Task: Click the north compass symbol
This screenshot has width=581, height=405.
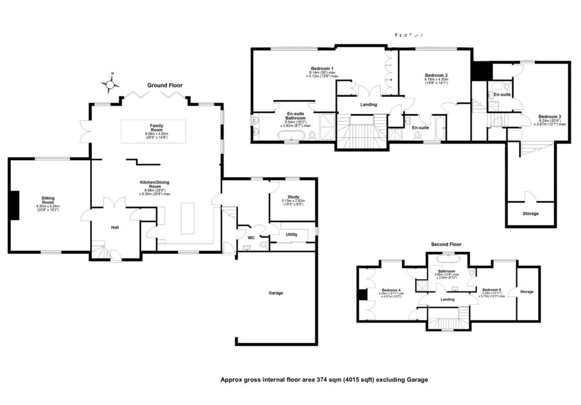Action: pos(110,85)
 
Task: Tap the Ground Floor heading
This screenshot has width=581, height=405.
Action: pos(165,85)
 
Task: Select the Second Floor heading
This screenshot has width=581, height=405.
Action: pos(446,244)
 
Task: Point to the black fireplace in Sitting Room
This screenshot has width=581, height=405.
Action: pos(16,204)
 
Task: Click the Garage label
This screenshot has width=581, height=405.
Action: pos(275,293)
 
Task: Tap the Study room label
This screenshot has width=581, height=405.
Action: pos(293,197)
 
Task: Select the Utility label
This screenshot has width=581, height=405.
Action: pos(292,234)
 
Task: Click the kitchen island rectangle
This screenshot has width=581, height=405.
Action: pos(188,217)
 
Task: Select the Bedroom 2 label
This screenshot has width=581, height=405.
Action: pos(436,75)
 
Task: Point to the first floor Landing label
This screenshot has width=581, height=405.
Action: pos(369,105)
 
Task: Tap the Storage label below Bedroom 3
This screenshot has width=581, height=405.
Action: pos(530,214)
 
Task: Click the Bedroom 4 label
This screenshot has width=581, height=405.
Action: pos(391,289)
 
